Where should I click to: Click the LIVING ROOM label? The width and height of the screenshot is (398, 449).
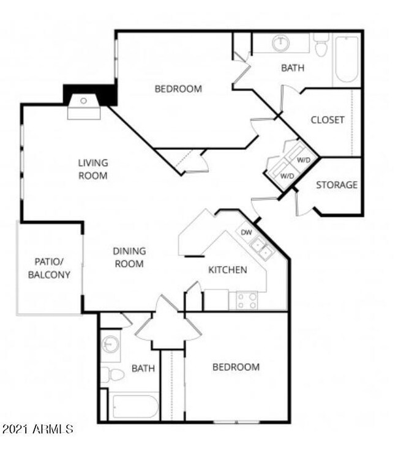(93, 169)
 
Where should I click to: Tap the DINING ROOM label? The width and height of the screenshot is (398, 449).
(129, 258)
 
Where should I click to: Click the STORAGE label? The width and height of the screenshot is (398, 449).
(336, 185)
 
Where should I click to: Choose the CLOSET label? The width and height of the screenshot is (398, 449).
(327, 120)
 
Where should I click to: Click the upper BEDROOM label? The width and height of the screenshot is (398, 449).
(178, 89)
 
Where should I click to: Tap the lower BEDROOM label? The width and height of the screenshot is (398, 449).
(236, 367)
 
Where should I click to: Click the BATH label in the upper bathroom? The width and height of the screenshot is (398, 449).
(292, 68)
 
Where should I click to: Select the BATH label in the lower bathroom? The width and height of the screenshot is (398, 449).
(143, 368)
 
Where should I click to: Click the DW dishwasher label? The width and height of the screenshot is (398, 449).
(246, 232)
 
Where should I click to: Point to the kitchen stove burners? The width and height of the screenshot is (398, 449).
(247, 300)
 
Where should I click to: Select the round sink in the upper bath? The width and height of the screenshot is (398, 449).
(281, 43)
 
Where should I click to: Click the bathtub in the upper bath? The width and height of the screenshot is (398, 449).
(347, 59)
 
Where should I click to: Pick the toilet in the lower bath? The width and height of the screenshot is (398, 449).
(112, 374)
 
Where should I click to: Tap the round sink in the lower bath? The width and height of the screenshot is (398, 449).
(110, 344)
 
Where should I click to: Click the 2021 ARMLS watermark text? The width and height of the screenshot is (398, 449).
(38, 429)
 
